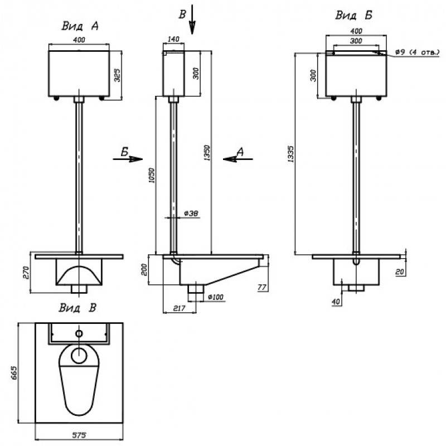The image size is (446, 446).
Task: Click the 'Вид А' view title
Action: pyautogui.click(x=80, y=26)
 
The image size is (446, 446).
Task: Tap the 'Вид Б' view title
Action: pyautogui.click(x=354, y=15)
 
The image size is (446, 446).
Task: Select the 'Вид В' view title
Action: pyautogui.click(x=77, y=308)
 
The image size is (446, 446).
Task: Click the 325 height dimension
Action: pyautogui.click(x=117, y=75)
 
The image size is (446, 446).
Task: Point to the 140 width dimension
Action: pyautogui.click(x=173, y=39)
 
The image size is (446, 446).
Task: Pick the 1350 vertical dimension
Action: pyautogui.click(x=207, y=153)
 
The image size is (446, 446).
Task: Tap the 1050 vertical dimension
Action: pyautogui.click(x=152, y=176)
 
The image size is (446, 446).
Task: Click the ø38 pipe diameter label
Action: pyautogui.click(x=191, y=214)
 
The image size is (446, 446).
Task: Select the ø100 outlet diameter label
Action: pyautogui.click(x=216, y=297)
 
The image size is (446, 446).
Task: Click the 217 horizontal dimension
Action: pyautogui.click(x=179, y=308)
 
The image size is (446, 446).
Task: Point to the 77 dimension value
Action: pyautogui.click(x=262, y=287)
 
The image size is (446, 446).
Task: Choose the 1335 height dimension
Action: pyautogui.click(x=290, y=154)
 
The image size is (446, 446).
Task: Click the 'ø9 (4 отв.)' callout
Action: pyautogui.click(x=418, y=52)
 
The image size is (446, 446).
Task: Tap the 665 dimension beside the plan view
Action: pyautogui.click(x=14, y=373)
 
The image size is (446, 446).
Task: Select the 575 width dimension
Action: pyautogui.click(x=79, y=435)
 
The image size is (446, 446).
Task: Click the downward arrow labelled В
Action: pyautogui.click(x=192, y=20)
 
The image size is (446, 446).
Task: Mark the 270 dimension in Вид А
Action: pyautogui.click(x=26, y=273)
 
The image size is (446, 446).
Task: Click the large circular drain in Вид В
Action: pyautogui.click(x=79, y=356)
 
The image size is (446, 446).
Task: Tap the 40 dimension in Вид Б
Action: pyautogui.click(x=336, y=302)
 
